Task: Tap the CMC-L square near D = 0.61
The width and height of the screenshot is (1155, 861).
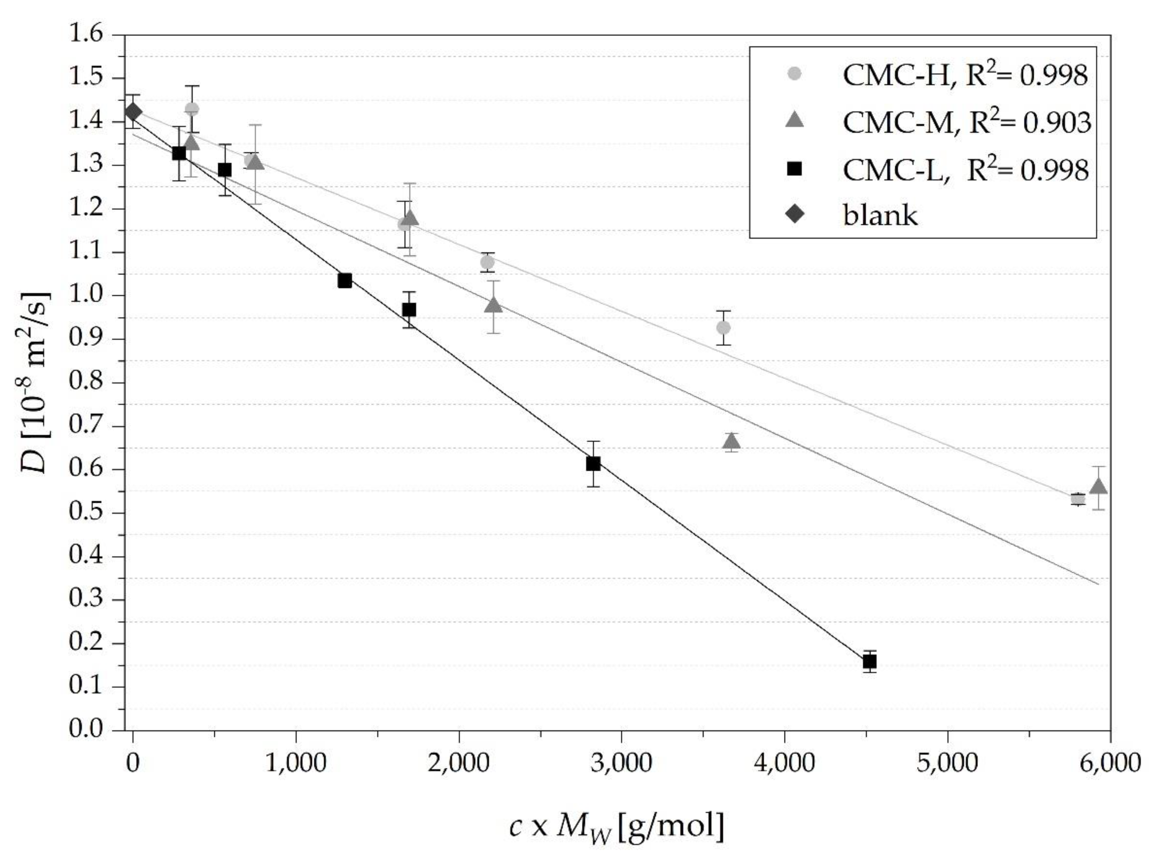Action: tap(593, 463)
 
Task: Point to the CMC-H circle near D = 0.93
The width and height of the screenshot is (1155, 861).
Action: tap(723, 327)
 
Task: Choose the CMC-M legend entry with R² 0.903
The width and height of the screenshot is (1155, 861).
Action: tap(966, 123)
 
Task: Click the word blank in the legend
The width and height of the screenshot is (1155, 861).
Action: tap(880, 215)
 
